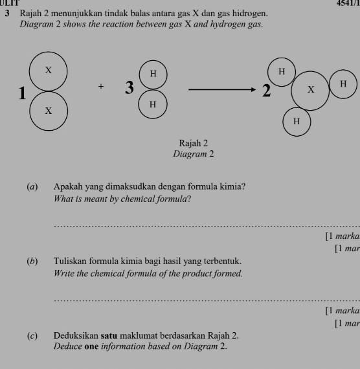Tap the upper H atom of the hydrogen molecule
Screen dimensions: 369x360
click(153, 74)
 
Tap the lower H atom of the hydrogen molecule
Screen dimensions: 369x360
click(153, 104)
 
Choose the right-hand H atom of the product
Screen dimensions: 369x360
click(343, 85)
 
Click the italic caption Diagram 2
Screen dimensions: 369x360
click(194, 154)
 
